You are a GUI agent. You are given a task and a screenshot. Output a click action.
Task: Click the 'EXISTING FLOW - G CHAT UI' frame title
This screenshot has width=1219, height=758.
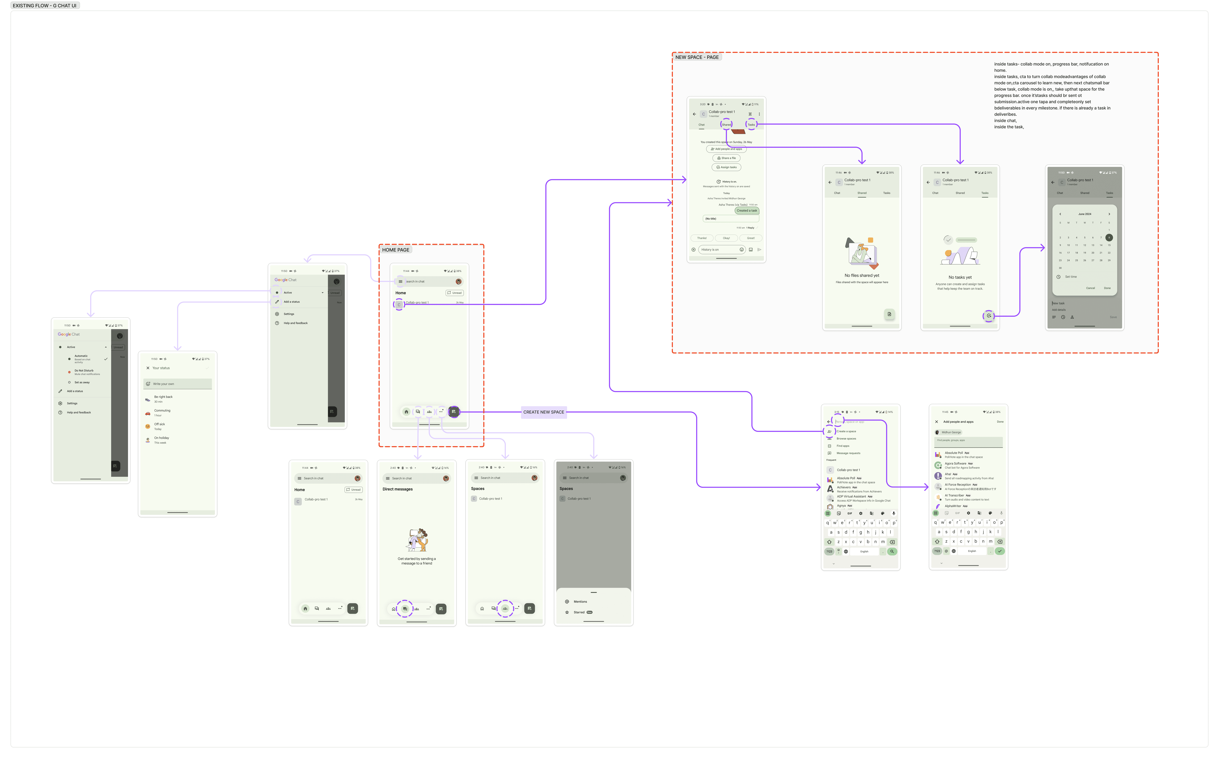[x=45, y=5]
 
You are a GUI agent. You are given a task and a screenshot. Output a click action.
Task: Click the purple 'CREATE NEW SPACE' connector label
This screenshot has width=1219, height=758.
[x=544, y=412]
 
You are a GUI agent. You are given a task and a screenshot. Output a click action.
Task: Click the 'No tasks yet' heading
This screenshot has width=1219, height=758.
[x=960, y=277]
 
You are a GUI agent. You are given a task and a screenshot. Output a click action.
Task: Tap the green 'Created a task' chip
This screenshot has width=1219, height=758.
[x=747, y=211]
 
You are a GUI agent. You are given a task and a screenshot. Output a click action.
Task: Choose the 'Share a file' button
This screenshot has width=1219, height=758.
[x=726, y=158]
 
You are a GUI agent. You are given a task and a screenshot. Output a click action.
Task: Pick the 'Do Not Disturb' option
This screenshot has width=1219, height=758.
[x=84, y=370]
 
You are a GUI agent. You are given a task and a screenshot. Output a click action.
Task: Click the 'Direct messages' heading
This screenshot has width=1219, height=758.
[x=398, y=489]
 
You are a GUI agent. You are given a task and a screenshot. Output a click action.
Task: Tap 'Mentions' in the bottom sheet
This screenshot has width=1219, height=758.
[x=580, y=602]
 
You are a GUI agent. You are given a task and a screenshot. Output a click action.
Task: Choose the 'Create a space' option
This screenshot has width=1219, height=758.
[x=846, y=431]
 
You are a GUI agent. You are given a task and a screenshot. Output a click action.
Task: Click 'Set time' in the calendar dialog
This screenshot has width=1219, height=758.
[x=1071, y=277]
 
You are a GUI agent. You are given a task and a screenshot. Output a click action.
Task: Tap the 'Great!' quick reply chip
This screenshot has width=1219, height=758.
[x=750, y=238]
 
